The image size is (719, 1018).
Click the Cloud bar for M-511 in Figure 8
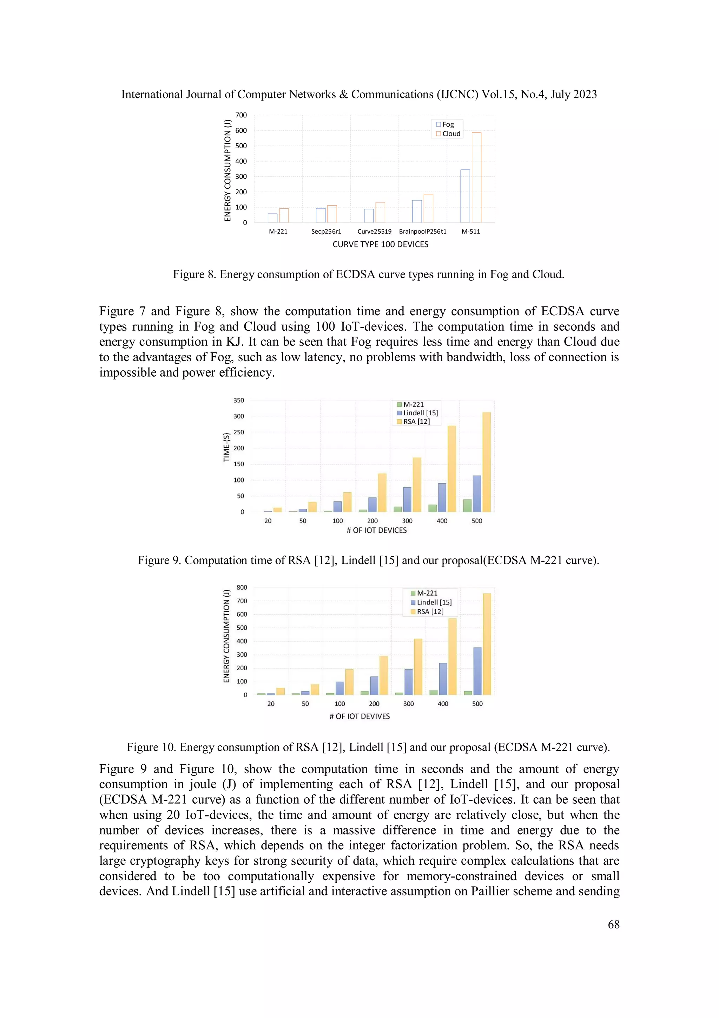[476, 177]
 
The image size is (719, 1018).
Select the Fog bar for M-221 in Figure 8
[272, 218]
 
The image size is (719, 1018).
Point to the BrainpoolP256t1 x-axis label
[423, 232]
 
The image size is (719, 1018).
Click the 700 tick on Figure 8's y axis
[241, 115]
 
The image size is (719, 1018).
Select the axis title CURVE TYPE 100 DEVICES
[380, 244]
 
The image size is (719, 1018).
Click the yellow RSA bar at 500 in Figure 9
[486, 462]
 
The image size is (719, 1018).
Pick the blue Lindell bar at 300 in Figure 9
[407, 499]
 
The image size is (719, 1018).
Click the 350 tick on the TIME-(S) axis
[239, 400]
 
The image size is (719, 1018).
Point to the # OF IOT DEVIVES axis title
[359, 716]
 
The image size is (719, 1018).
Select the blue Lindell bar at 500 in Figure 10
[477, 671]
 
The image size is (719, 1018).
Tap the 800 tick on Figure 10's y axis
[242, 588]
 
